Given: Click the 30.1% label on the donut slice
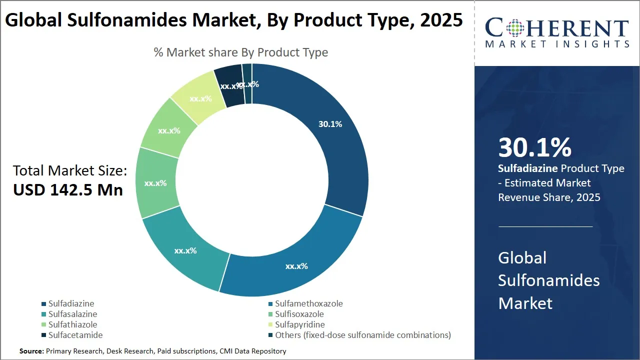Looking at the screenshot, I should (330, 124).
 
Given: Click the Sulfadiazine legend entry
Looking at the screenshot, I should (71, 303).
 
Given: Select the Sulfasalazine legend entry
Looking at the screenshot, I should (72, 314).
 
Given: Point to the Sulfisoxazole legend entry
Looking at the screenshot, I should (299, 314).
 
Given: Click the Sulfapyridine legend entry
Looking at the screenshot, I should (299, 324).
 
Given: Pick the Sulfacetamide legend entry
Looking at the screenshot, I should (75, 335).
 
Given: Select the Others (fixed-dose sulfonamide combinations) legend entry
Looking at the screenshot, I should (362, 335).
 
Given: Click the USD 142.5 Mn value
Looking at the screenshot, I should (68, 190).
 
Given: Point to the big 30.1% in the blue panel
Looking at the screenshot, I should (534, 148).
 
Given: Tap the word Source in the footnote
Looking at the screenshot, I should (31, 351).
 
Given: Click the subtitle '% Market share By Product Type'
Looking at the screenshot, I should (241, 52).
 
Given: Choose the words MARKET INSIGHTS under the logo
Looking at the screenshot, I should (557, 44).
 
